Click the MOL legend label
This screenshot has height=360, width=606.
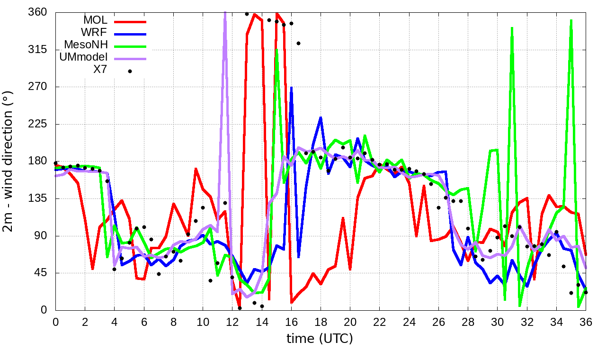point(95,20)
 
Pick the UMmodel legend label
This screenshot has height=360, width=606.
point(83,57)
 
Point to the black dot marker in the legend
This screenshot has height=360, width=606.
point(130,71)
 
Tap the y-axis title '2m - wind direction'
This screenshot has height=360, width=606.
point(8,161)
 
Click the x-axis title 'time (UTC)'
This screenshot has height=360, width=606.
point(320,338)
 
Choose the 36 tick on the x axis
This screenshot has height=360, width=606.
point(586,321)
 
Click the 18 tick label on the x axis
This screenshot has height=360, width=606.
point(321,321)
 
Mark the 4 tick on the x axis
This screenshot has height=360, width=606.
point(114,321)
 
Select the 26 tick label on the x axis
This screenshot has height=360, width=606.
point(438,321)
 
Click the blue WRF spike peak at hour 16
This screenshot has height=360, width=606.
point(292,88)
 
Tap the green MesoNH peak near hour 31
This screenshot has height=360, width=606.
point(512,28)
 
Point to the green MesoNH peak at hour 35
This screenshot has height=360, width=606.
point(571,20)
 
